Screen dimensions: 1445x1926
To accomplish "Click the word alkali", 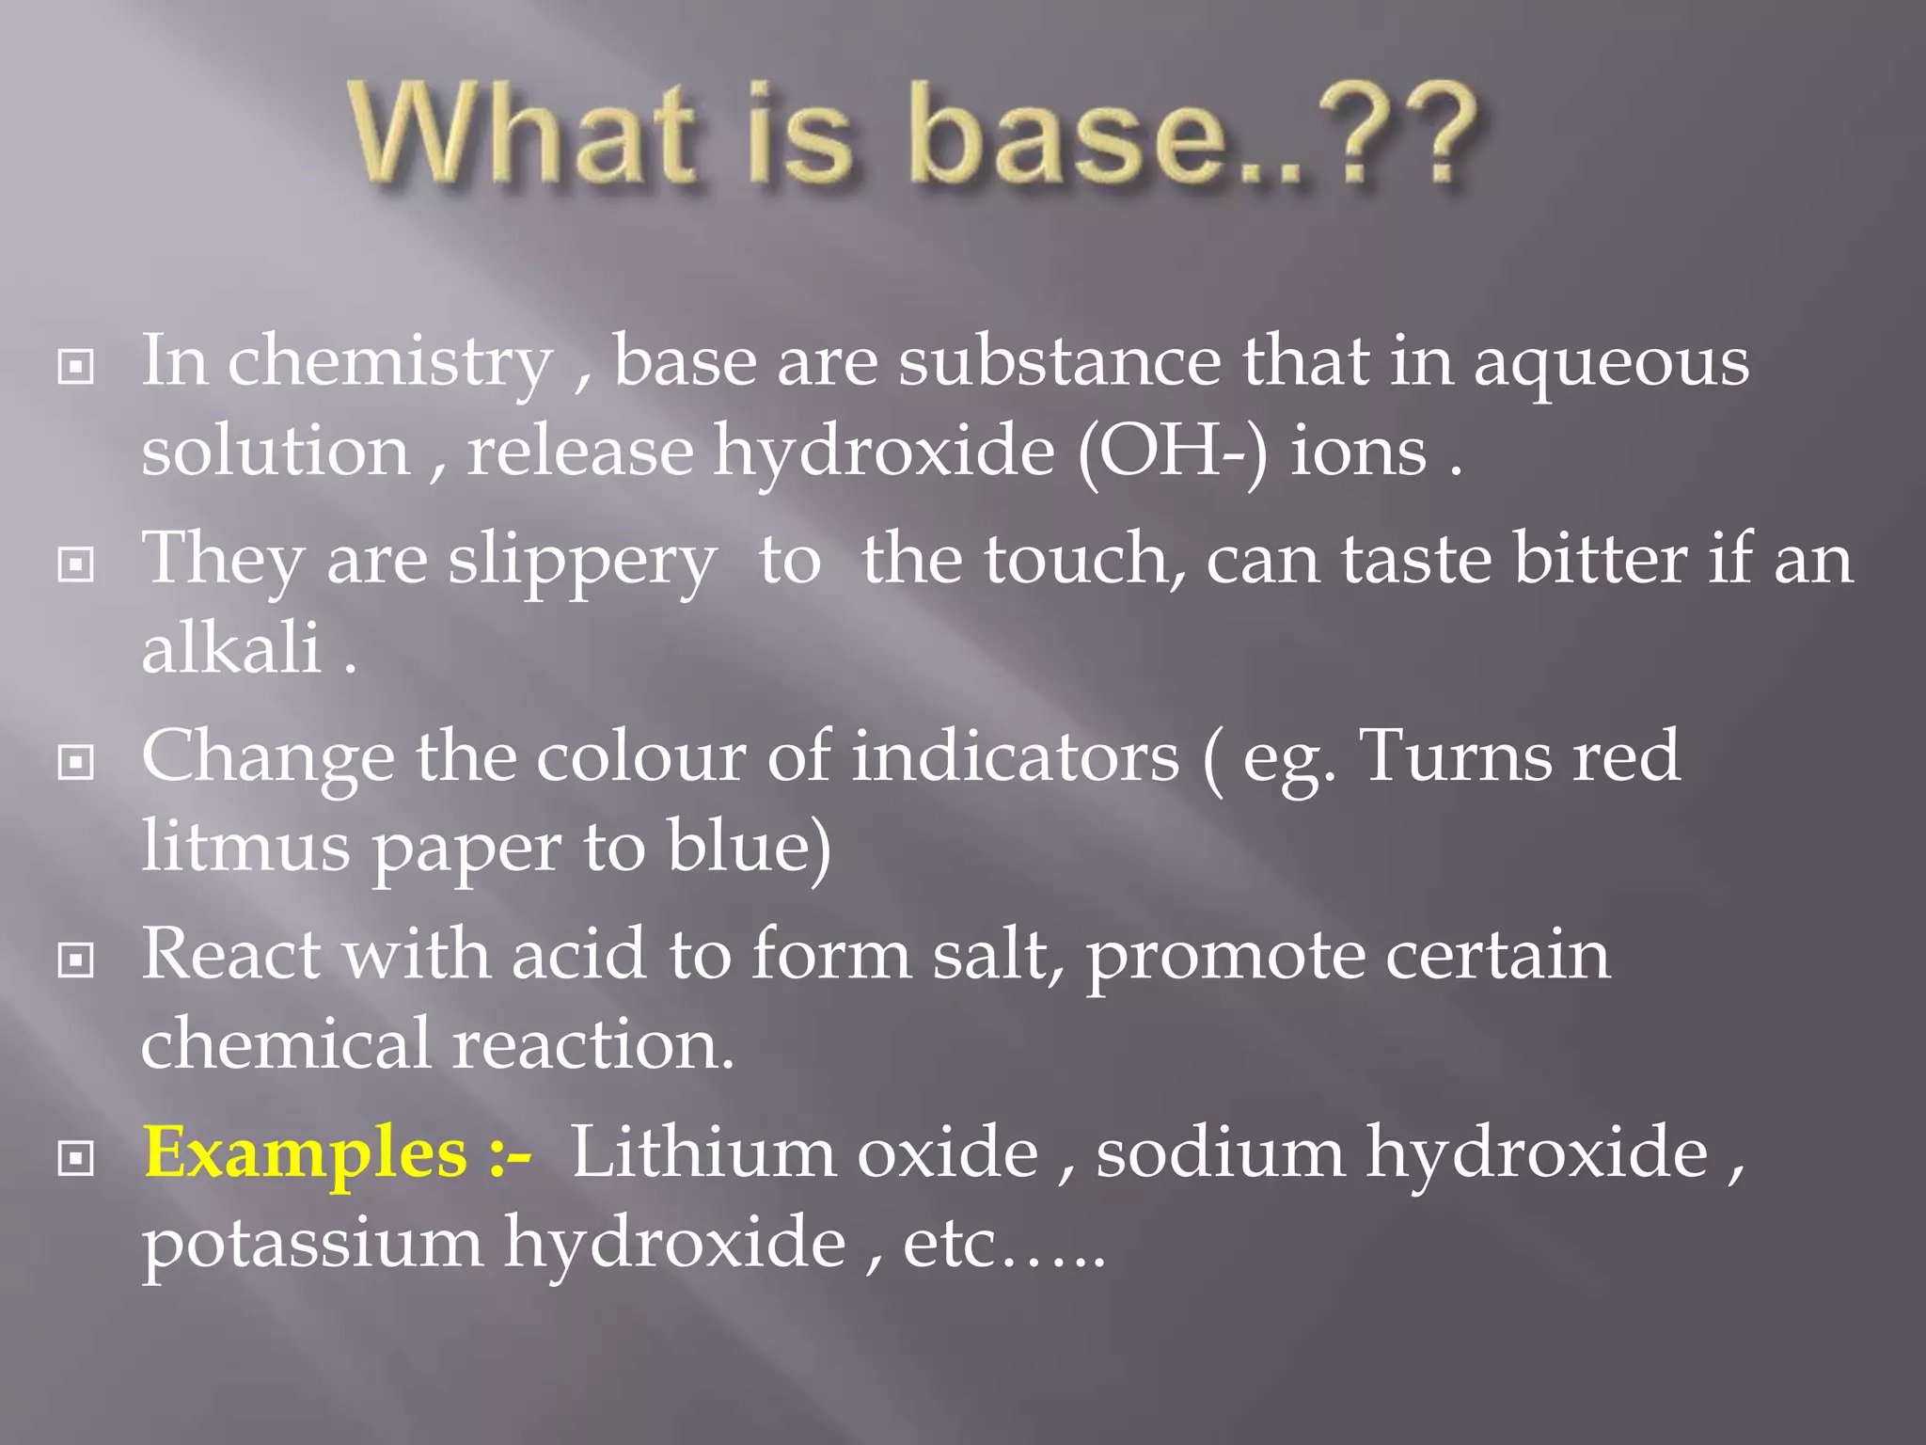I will (x=231, y=648).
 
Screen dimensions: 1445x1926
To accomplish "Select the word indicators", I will (x=1016, y=756).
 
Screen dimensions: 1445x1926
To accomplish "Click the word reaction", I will (x=592, y=1044).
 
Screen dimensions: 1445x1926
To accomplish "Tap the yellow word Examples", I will (x=306, y=1153).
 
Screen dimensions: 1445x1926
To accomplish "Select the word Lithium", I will (x=704, y=1153).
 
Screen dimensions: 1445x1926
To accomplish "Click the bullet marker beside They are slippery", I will (x=76, y=564).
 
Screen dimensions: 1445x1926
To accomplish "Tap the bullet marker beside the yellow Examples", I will (x=76, y=1159).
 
